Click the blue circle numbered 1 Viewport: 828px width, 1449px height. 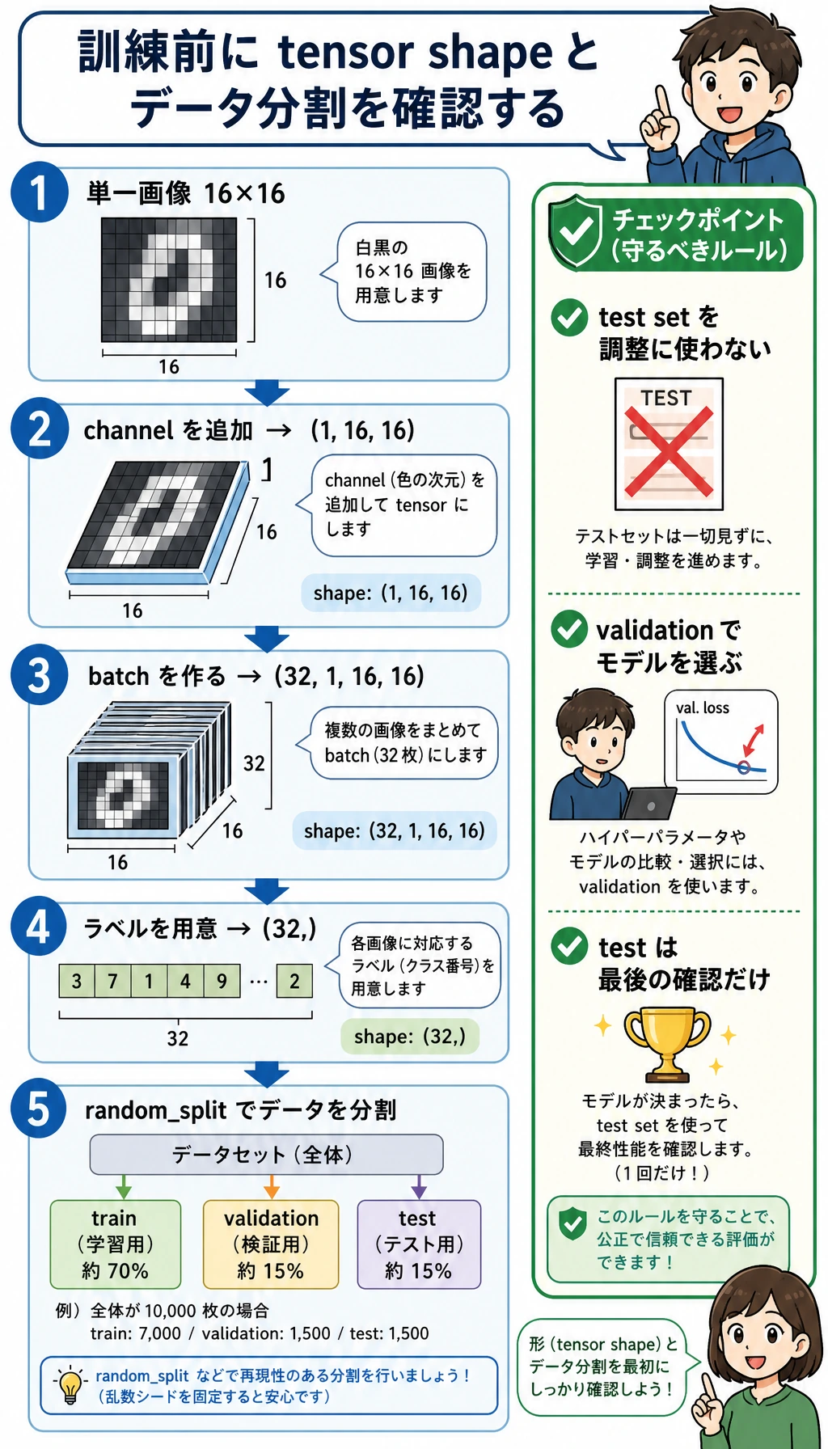coord(40,192)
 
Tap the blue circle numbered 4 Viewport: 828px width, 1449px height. coord(39,926)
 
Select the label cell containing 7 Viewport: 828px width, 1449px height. coord(112,981)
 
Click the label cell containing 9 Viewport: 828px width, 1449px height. coord(222,981)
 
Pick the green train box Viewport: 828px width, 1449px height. coord(116,1244)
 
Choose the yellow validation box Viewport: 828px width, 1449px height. coord(271,1244)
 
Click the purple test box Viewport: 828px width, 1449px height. coord(419,1244)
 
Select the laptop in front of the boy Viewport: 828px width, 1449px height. coord(648,803)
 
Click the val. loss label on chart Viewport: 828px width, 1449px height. coord(703,708)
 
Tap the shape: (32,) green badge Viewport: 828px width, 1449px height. coord(410,1037)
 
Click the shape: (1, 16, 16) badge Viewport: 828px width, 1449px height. coord(391,593)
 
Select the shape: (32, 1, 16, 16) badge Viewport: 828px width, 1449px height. coord(395,830)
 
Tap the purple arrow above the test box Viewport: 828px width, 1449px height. coord(419,1186)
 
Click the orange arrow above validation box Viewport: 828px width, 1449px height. coord(272,1186)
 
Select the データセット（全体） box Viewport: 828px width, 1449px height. coord(266,1154)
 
